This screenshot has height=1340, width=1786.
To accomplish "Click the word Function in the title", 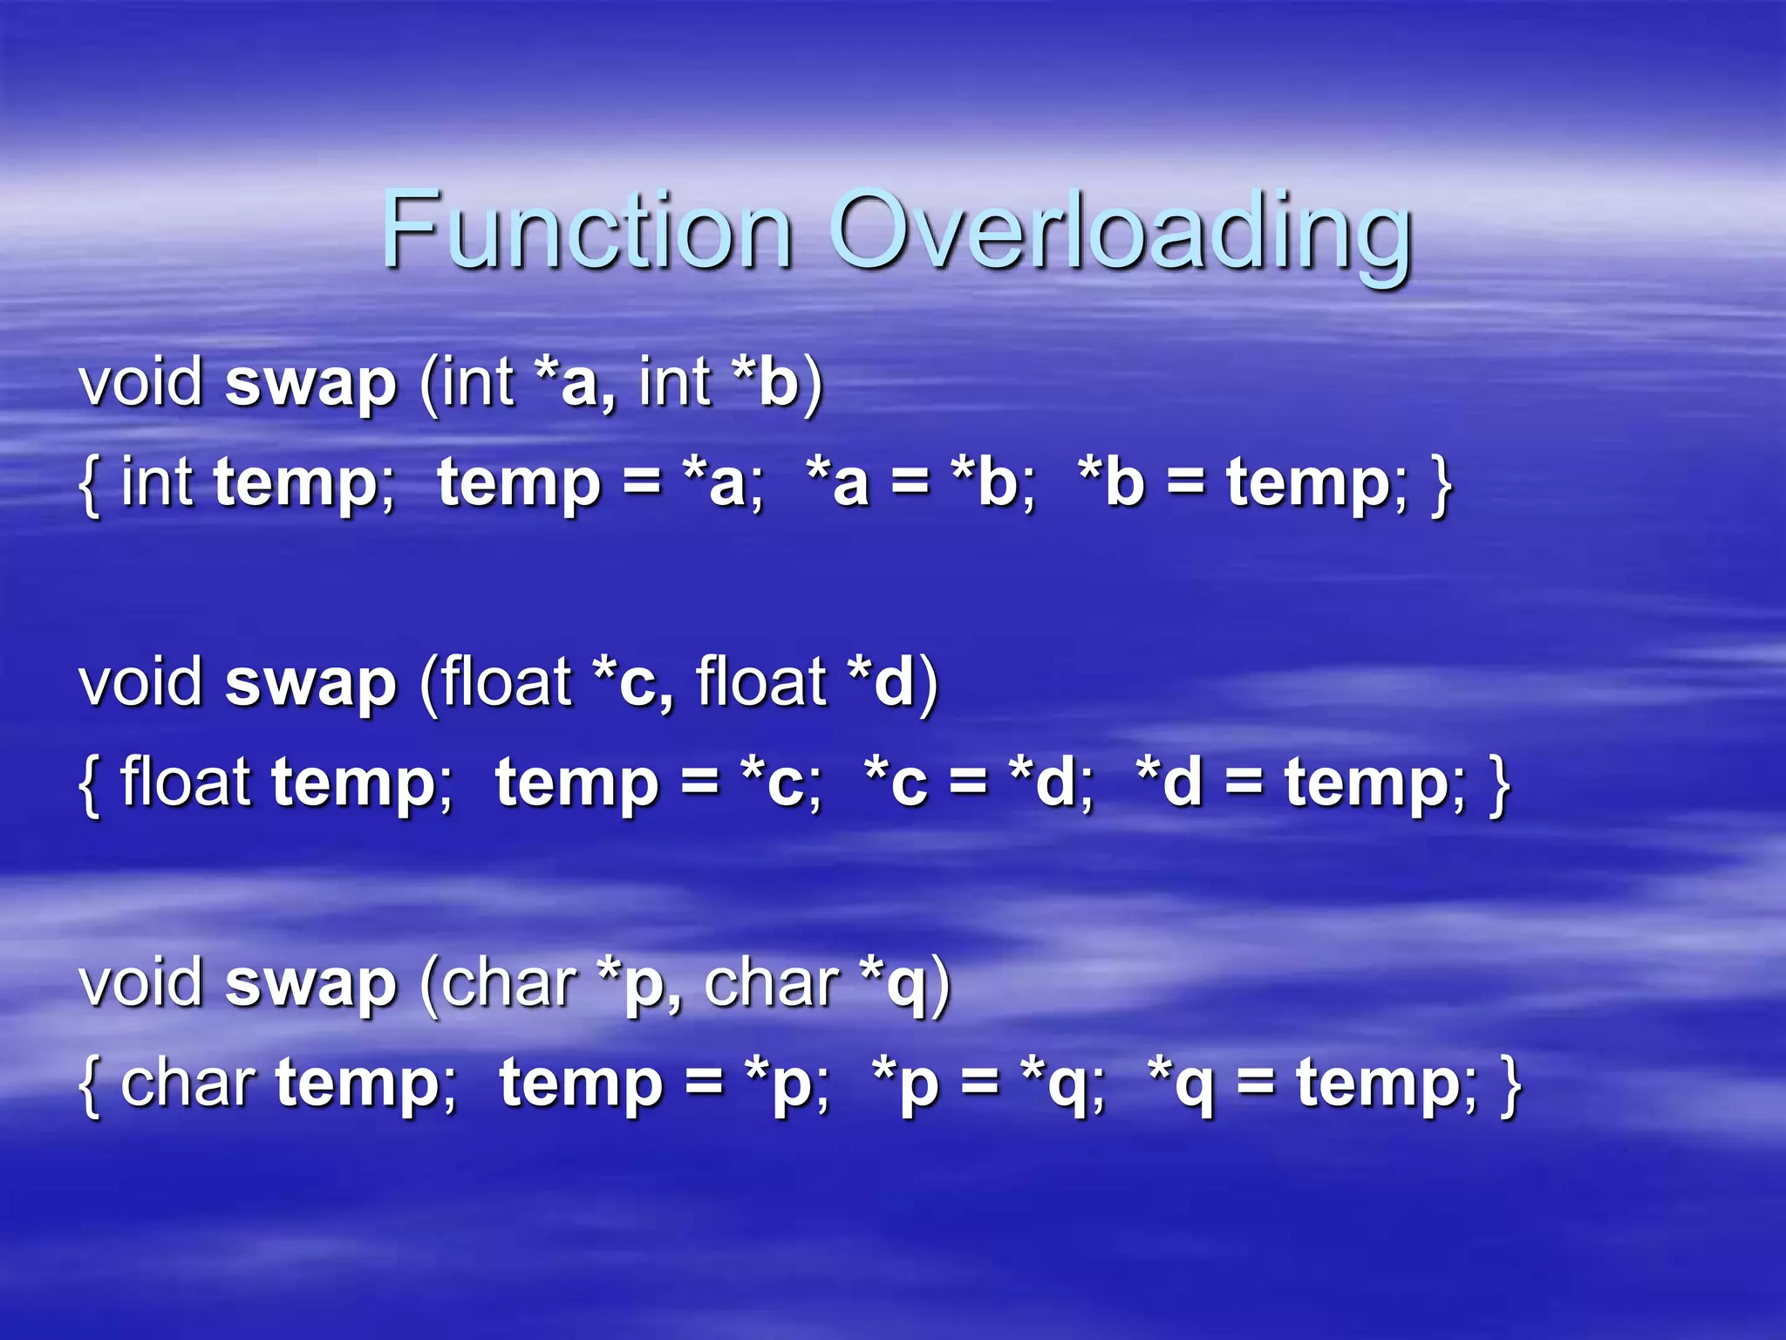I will (x=586, y=230).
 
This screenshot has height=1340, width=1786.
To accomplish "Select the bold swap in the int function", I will (x=310, y=383).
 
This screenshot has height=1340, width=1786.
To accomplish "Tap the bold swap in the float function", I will (x=310, y=683).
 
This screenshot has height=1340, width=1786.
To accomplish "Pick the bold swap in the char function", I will (x=310, y=984).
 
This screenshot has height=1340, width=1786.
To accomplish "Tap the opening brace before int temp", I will (x=89, y=484).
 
